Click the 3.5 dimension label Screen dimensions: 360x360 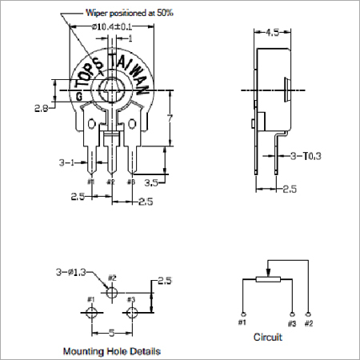point(150,182)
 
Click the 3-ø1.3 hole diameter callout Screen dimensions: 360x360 point(74,274)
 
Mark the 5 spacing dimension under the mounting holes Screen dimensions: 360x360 point(112,331)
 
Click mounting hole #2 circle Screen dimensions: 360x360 point(112,290)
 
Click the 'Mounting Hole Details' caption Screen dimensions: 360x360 point(111,350)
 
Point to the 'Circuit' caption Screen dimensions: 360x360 point(267,337)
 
